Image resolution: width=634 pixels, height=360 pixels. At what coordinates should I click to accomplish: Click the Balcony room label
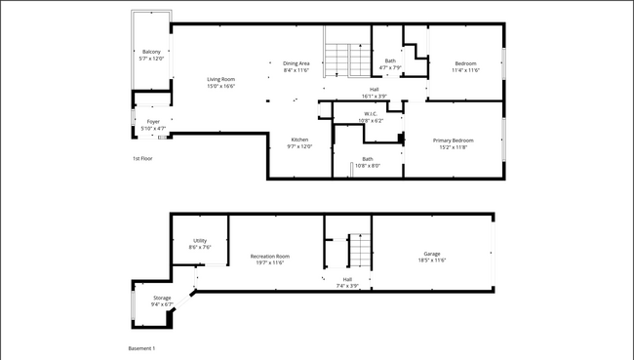151,52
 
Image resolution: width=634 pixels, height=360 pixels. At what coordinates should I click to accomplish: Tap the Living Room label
220,79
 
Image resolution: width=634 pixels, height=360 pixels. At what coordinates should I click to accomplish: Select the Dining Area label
296,62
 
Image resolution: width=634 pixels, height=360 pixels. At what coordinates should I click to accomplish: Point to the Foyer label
153,122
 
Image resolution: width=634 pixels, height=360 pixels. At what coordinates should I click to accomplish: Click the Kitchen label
299,140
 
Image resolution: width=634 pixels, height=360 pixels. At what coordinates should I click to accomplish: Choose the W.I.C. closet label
371,113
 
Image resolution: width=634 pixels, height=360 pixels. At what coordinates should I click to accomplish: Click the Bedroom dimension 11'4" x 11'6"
464,69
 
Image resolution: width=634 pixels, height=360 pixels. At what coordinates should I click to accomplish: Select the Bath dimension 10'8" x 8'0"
367,166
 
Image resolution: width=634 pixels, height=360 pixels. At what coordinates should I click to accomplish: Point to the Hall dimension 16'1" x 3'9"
374,96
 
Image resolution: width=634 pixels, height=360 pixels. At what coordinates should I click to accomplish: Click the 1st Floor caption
142,158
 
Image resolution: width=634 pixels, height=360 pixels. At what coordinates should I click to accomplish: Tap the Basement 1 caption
141,348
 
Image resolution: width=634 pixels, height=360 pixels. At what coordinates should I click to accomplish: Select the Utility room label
200,240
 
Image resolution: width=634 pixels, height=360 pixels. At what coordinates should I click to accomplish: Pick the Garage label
431,253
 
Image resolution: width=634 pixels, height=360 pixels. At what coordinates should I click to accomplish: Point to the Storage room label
162,298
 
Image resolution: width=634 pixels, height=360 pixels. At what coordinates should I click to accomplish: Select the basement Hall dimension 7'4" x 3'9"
347,286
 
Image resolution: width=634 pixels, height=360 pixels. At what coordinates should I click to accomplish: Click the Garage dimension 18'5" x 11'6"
431,260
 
